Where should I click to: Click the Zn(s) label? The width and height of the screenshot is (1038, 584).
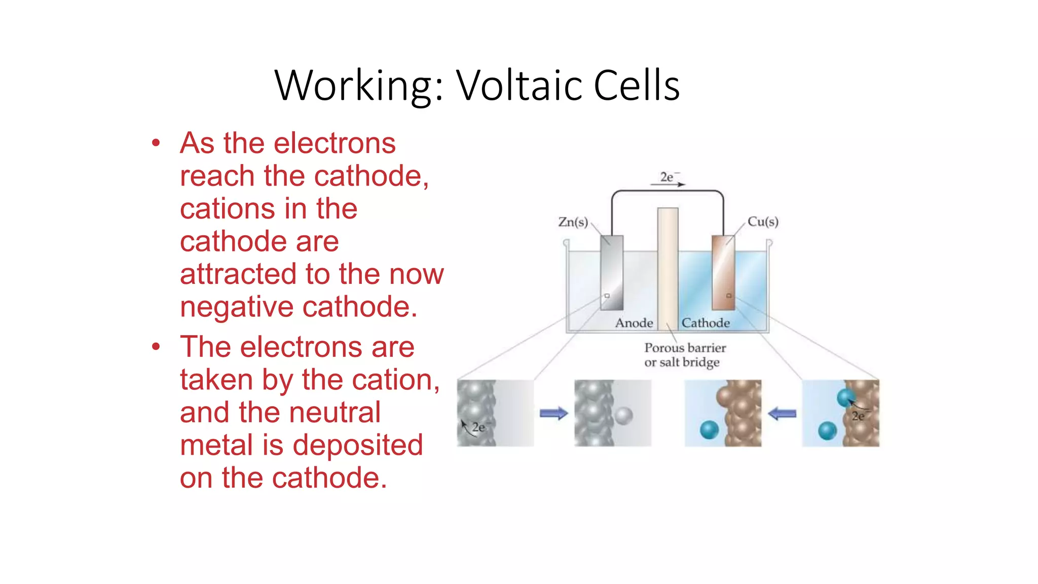(573, 222)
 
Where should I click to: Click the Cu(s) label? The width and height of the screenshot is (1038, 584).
(763, 222)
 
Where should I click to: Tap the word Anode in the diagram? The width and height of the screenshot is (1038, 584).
(634, 323)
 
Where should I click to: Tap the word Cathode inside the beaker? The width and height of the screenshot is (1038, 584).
(706, 323)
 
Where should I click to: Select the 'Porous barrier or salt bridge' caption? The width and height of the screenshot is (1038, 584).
(684, 355)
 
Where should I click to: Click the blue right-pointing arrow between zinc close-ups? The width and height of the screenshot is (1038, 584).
(553, 414)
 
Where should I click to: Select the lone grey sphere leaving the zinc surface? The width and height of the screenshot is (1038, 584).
(624, 416)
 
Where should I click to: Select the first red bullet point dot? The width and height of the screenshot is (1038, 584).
(156, 143)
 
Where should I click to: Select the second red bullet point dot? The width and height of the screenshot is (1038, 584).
(156, 347)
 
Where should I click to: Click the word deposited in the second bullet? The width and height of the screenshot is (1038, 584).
(358, 445)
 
